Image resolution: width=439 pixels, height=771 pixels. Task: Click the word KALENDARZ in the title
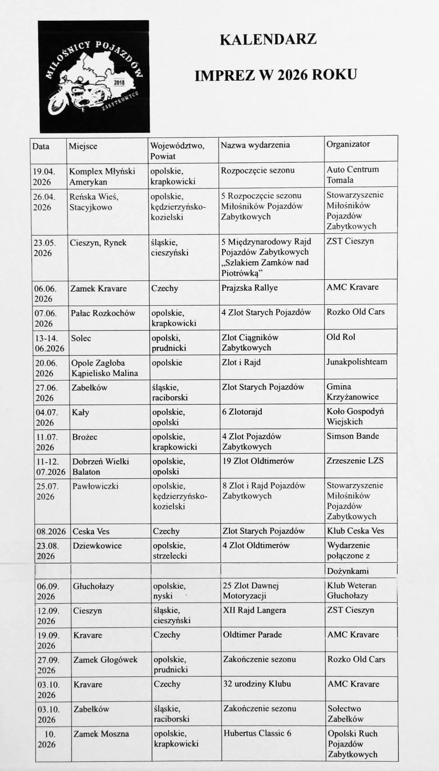(268, 40)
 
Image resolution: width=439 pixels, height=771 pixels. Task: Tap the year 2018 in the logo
(119, 83)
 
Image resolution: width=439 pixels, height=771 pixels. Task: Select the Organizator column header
(348, 144)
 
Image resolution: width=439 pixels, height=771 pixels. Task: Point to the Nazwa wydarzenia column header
(255, 145)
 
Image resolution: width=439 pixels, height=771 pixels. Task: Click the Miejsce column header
(83, 146)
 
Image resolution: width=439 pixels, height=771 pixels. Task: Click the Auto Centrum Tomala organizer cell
(352, 174)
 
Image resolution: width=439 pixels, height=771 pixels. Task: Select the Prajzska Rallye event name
(249, 288)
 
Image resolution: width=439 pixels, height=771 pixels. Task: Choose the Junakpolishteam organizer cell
(357, 362)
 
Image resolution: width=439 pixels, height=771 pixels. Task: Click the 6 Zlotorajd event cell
(242, 412)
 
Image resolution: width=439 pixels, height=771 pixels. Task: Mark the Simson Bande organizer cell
(352, 436)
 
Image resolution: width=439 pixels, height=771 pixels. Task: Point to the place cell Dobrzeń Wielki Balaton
(101, 466)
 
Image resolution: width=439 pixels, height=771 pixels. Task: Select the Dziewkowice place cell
(97, 546)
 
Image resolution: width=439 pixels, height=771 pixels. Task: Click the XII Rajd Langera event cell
(254, 610)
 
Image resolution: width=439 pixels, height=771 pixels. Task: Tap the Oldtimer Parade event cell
(252, 634)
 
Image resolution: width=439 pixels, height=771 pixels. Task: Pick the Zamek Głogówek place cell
(105, 660)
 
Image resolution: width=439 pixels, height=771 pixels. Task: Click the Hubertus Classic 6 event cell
(257, 733)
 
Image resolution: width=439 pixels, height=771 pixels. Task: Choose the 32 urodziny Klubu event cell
(257, 684)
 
